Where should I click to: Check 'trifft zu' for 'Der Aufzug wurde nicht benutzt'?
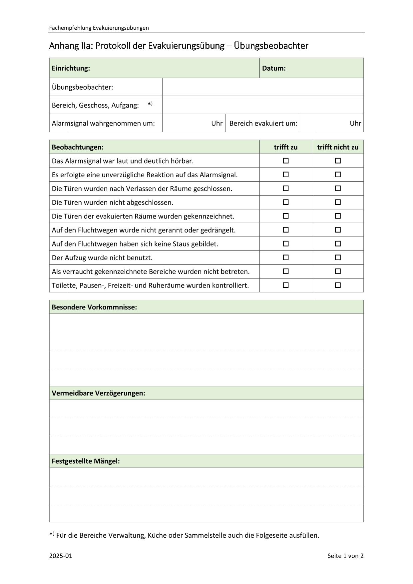coord(285,258)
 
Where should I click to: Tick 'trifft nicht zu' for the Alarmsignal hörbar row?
coord(338,161)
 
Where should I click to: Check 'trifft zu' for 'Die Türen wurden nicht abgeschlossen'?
coord(285,202)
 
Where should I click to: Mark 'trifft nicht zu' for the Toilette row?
coord(338,285)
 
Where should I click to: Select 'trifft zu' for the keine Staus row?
coord(285,244)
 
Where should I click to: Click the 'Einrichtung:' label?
coord(71,68)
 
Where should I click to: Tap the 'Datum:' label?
coord(274,68)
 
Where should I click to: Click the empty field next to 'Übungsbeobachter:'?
coord(262,87)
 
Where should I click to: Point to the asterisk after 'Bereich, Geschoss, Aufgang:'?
coord(150,105)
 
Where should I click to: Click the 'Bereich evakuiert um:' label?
coord(263,123)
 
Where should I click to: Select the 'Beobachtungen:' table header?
coord(78,147)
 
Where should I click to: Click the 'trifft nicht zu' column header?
coord(338,147)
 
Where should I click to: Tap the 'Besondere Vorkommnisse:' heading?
coord(94,307)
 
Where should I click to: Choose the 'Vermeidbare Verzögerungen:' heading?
coord(98,393)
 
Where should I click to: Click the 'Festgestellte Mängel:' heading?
coord(86,461)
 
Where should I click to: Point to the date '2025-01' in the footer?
coord(61,556)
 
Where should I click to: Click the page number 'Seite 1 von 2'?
coord(345,556)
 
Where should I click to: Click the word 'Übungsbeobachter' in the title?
coord(271,46)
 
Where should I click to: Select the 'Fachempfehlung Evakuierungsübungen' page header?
coord(99,28)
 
